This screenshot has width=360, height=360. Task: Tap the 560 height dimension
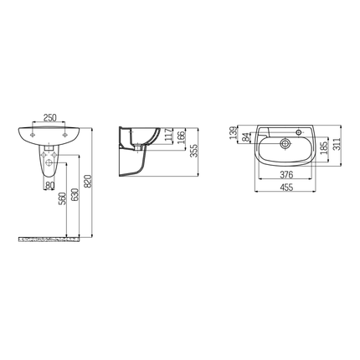pos(64,200)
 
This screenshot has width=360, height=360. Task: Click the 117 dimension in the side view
pos(167,136)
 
